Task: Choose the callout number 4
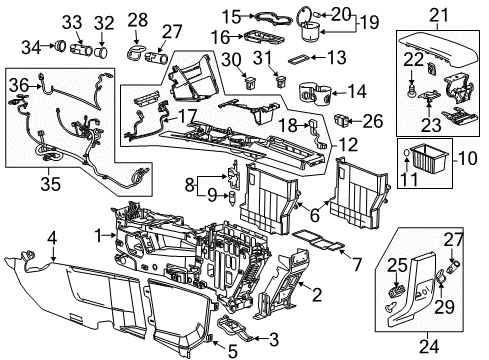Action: point(53,238)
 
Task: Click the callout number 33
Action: point(41,21)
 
